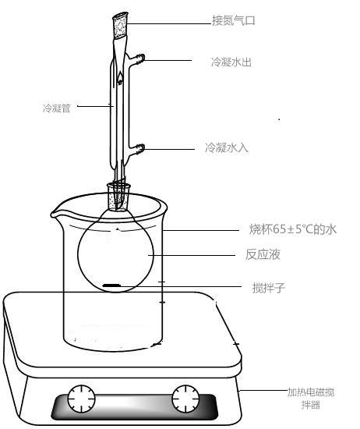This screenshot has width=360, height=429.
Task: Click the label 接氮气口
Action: tap(234, 21)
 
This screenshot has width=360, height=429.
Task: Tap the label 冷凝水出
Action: tap(231, 62)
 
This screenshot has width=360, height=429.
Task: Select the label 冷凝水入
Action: tap(227, 147)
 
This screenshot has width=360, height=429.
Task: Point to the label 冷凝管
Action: tap(57, 108)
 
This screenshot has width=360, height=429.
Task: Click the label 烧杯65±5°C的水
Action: tap(293, 229)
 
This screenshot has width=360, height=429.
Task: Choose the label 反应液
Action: tap(263, 254)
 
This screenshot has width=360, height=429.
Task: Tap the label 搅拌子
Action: tap(268, 288)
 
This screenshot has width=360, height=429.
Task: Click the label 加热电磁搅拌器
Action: tap(311, 399)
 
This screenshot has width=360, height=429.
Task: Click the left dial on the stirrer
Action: tap(82, 399)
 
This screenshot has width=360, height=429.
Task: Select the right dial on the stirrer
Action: tap(185, 399)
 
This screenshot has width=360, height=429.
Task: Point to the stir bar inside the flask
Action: tap(111, 285)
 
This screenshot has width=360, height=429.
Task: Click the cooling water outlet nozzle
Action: tap(136, 58)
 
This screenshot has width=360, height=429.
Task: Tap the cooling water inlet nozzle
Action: tap(136, 149)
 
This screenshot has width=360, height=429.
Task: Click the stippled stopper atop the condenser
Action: tap(120, 27)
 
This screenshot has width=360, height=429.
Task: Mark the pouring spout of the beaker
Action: tap(55, 214)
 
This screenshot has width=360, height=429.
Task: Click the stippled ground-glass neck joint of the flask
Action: tap(118, 197)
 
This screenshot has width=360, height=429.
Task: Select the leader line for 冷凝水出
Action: tap(168, 60)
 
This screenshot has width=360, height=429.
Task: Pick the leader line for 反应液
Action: tap(192, 255)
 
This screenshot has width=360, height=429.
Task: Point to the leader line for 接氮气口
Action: tap(169, 23)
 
